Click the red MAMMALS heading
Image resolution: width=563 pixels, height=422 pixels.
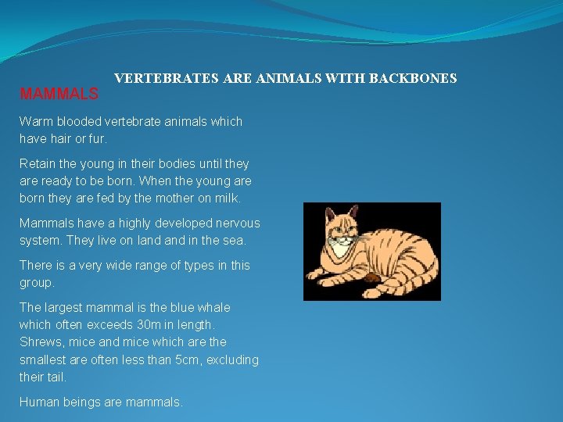59,95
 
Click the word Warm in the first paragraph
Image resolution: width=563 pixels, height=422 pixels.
35,122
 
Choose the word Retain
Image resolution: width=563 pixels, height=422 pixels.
38,164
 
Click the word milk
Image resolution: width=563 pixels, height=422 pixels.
226,198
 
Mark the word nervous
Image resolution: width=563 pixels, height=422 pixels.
235,224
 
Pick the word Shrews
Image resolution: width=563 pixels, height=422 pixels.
40,342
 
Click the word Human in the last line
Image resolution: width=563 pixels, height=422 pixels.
39,402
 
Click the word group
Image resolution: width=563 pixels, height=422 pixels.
37,283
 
